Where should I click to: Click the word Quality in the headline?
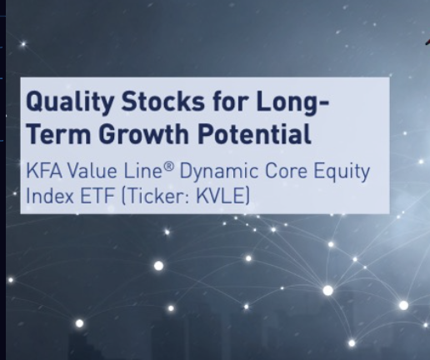pyautogui.click(x=69, y=102)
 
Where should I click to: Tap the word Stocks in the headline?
pyautogui.click(x=163, y=100)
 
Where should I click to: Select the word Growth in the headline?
pyautogui.click(x=144, y=134)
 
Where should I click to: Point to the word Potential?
pyautogui.click(x=254, y=134)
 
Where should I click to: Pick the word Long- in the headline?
pyautogui.click(x=292, y=102)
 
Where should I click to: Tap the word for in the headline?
pyautogui.click(x=230, y=100)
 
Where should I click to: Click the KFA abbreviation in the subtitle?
pyautogui.click(x=44, y=171)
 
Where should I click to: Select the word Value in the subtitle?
pyautogui.click(x=92, y=171)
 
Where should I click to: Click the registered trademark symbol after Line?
pyautogui.click(x=169, y=167)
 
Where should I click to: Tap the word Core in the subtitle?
pyautogui.click(x=287, y=171)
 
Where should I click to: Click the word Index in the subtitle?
pyautogui.click(x=50, y=196)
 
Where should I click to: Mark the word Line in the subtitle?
pyautogui.click(x=142, y=171)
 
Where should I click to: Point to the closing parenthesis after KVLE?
pyautogui.click(x=247, y=196)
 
